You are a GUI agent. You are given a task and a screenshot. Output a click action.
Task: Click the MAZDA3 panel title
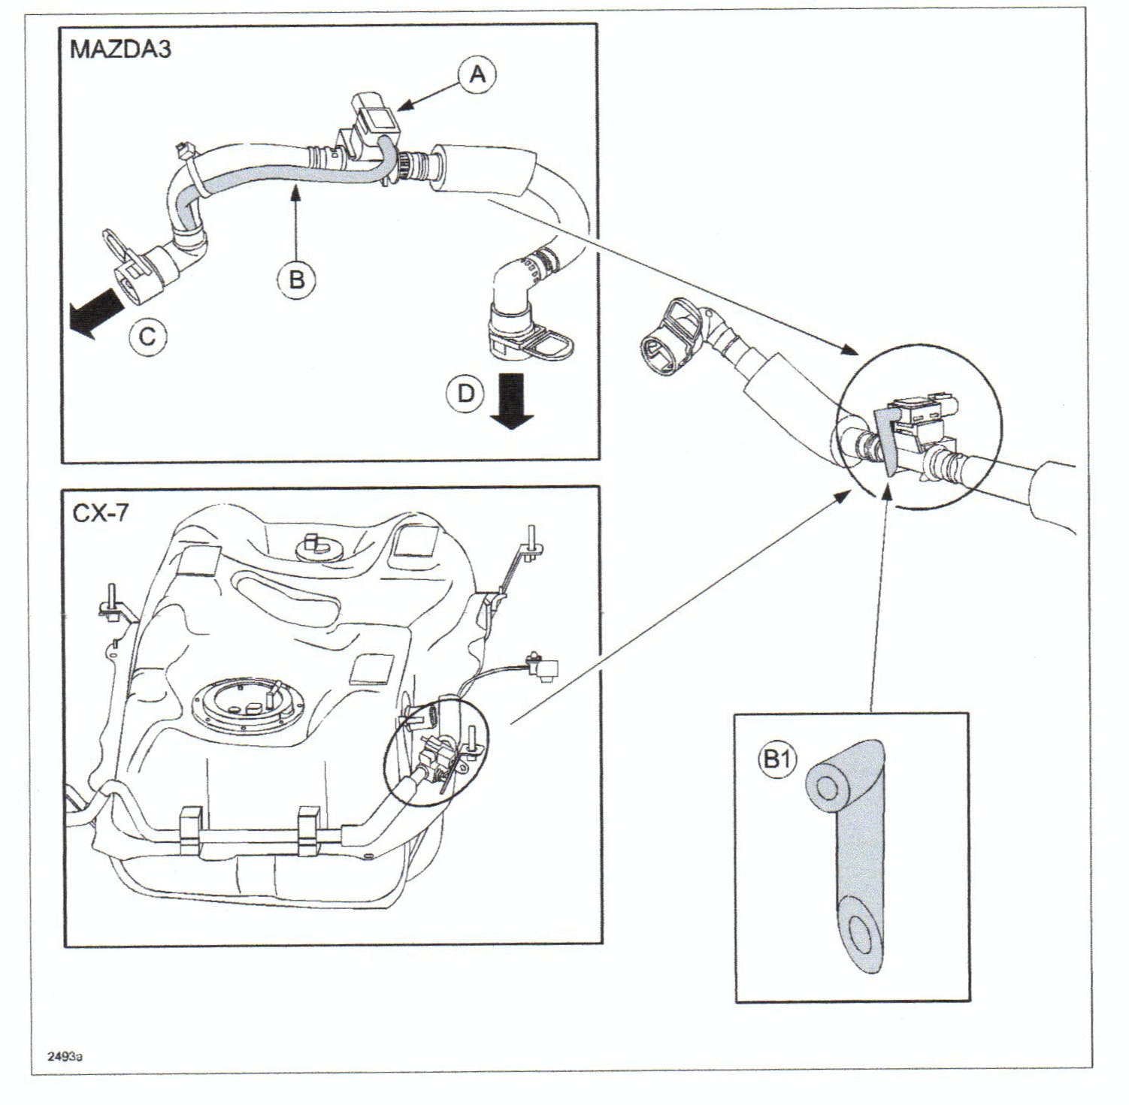tap(120, 50)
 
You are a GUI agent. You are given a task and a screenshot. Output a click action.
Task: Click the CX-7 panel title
tap(100, 513)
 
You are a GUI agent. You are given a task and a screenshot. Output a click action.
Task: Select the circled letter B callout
tap(297, 279)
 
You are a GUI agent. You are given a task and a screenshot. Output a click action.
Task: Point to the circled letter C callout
tap(147, 336)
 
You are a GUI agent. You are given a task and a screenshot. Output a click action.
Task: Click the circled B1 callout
tap(776, 760)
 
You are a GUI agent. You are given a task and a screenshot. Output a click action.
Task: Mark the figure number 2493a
tap(65, 1056)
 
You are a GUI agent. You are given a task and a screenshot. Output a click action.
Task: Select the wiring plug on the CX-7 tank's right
tap(544, 667)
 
